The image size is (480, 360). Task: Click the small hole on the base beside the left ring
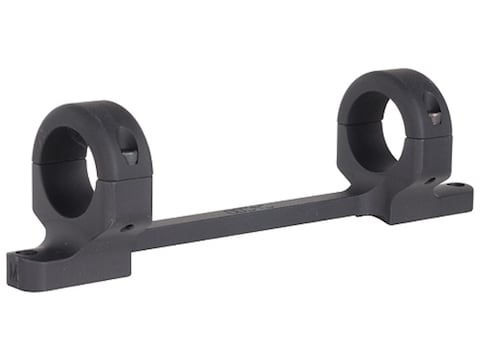(127, 227)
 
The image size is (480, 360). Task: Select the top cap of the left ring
(95, 125)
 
